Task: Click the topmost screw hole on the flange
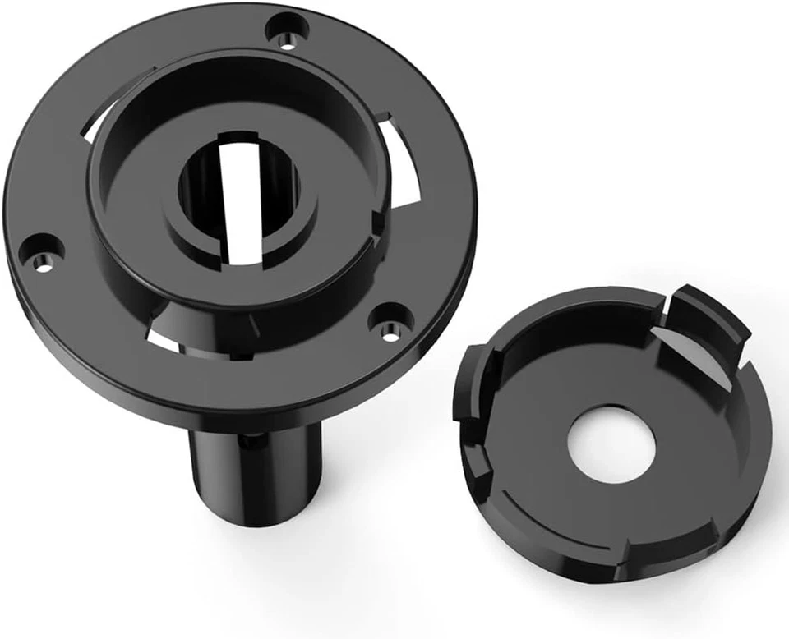tap(288, 30)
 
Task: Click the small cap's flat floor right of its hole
tap(699, 460)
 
